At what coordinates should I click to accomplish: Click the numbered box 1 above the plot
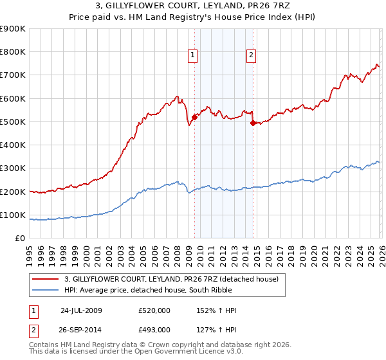(193, 56)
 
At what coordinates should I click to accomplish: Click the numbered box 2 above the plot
(250, 56)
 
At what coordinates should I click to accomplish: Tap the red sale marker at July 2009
(194, 117)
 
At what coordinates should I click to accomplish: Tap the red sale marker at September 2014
(253, 123)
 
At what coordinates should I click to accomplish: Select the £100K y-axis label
(14, 215)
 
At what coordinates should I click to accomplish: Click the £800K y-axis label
(14, 52)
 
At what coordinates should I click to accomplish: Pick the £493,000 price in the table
(154, 329)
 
